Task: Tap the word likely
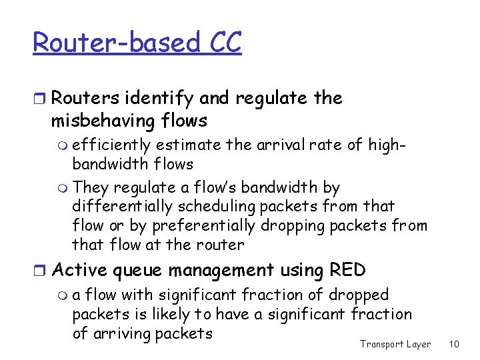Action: tap(175, 314)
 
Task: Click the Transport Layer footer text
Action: tap(395, 344)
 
